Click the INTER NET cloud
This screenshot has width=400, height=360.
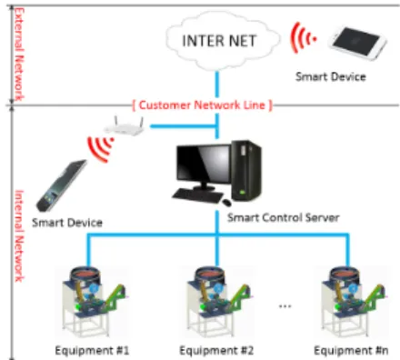pyautogui.click(x=222, y=41)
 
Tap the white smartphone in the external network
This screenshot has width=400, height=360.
pyautogui.click(x=357, y=43)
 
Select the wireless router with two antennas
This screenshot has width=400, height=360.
pyautogui.click(x=124, y=126)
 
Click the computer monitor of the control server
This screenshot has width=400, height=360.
pyautogui.click(x=203, y=167)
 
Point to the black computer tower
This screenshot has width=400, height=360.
pyautogui.click(x=246, y=171)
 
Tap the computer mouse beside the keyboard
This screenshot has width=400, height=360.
pyautogui.click(x=226, y=202)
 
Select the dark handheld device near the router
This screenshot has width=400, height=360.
pyautogui.click(x=62, y=185)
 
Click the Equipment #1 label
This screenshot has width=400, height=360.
pyautogui.click(x=92, y=351)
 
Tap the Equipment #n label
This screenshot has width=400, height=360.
pyautogui.click(x=351, y=351)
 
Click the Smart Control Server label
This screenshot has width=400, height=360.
pyautogui.click(x=284, y=217)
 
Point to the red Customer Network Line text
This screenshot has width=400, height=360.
pyautogui.click(x=202, y=105)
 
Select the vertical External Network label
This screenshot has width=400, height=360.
pyautogui.click(x=19, y=55)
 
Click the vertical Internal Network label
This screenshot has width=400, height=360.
pyautogui.click(x=19, y=235)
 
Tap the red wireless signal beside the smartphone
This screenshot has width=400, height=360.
pyautogui.click(x=303, y=38)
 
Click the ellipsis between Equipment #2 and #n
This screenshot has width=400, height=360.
pyautogui.click(x=285, y=306)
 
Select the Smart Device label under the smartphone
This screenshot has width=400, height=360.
pyautogui.click(x=331, y=76)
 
